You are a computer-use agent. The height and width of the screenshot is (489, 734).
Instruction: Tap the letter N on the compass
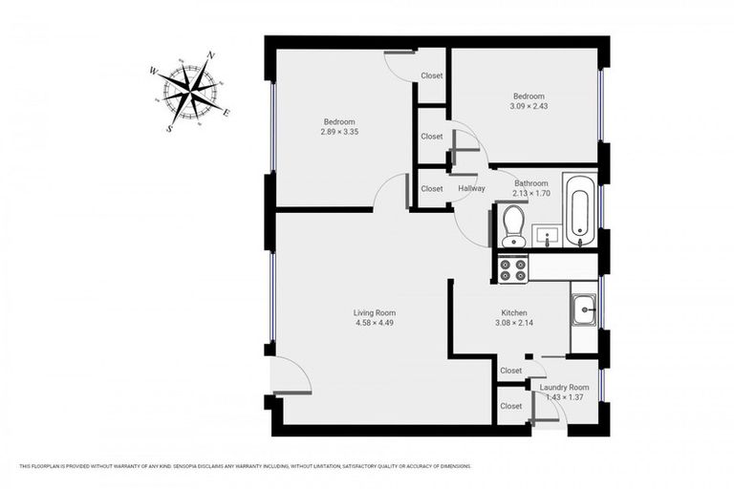(x=210, y=55)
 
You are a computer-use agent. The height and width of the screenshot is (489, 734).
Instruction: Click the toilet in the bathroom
(x=513, y=225)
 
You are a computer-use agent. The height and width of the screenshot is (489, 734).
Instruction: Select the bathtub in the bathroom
(x=579, y=210)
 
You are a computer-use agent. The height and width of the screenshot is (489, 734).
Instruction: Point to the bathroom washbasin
(x=546, y=234)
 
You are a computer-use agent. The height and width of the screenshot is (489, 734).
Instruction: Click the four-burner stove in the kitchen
(x=512, y=269)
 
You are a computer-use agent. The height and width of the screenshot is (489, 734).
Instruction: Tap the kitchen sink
(x=584, y=309)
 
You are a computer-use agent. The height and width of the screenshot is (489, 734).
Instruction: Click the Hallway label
(x=471, y=188)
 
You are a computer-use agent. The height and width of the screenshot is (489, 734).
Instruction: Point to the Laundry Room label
(x=564, y=387)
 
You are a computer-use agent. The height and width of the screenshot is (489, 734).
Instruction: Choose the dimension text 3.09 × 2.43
(x=529, y=106)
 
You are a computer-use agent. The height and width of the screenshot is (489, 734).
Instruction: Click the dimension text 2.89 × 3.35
(x=339, y=132)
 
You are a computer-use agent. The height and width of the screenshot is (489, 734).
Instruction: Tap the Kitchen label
(x=515, y=312)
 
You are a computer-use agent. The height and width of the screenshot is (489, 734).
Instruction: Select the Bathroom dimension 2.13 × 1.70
(x=531, y=193)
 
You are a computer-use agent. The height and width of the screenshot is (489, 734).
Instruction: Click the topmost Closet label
(x=432, y=76)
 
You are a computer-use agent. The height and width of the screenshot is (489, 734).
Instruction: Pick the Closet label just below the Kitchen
(x=511, y=371)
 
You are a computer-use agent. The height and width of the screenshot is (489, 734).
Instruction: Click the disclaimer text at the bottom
(x=245, y=466)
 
